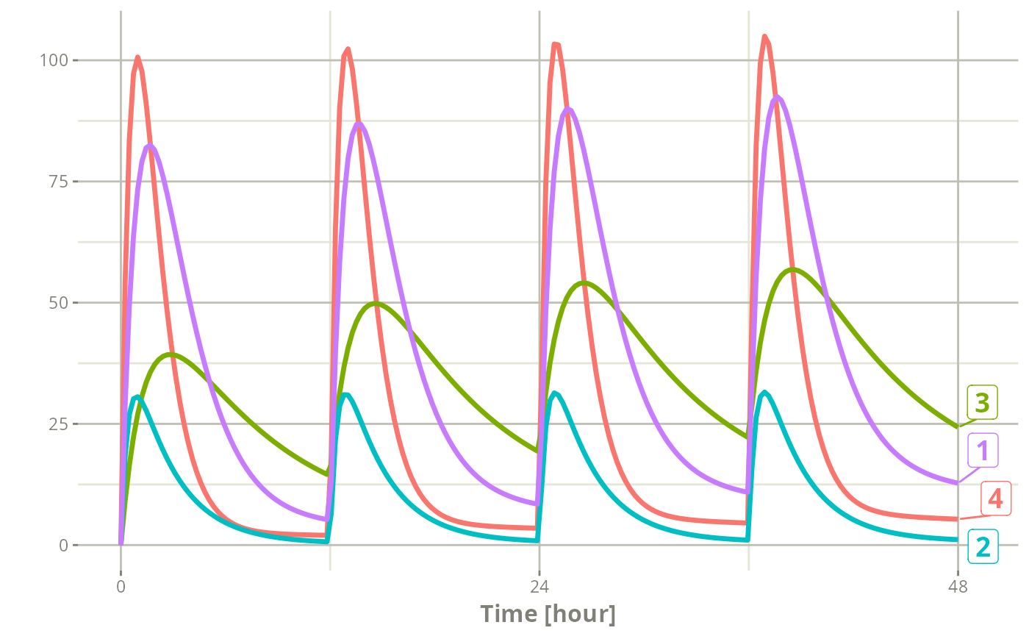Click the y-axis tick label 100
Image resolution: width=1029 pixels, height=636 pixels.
pos(54,60)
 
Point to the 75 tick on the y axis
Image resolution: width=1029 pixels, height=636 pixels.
pos(58,182)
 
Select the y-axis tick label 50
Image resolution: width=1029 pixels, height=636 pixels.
pos(58,303)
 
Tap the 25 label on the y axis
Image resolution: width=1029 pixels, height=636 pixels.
pos(58,424)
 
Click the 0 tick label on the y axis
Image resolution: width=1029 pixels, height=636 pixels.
pos(63,546)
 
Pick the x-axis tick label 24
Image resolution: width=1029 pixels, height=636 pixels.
pos(539,587)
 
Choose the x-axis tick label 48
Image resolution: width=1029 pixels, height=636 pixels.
pos(958,587)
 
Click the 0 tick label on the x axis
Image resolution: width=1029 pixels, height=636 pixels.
pos(121,587)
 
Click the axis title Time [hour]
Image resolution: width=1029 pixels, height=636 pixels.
pos(548,615)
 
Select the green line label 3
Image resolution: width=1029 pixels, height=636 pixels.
pos(982,402)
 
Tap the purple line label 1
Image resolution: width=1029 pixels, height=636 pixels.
pos(983,450)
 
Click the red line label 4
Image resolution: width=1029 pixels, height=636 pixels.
pos(995,499)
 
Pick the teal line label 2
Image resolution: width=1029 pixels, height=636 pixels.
pos(983,547)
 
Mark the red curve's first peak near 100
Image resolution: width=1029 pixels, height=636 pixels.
pos(137,57)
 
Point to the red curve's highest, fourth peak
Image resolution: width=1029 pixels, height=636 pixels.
pos(764,36)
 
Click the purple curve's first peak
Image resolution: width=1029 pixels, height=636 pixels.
pos(150,146)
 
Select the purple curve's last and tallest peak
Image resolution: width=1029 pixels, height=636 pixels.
pos(777,97)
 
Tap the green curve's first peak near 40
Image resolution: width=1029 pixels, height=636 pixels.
pos(171,354)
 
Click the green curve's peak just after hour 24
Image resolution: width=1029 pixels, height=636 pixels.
pos(584,283)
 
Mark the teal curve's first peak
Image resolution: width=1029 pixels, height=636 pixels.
pos(137,397)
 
